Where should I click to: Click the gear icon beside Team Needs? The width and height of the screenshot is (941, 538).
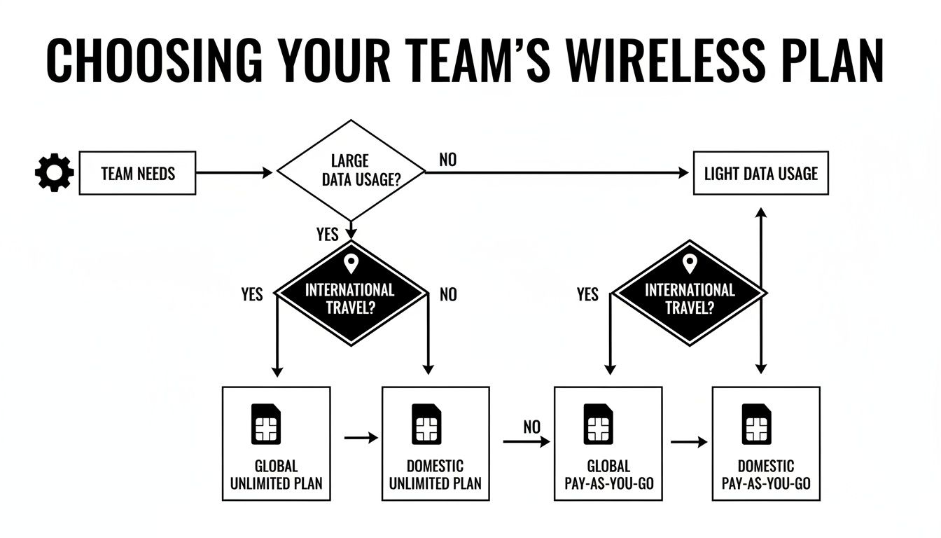[54, 173]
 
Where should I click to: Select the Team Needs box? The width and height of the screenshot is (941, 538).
[137, 173]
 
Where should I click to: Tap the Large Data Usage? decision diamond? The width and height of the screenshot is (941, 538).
[351, 171]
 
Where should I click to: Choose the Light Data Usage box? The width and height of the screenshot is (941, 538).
[760, 173]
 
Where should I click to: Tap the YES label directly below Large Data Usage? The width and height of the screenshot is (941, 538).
[327, 234]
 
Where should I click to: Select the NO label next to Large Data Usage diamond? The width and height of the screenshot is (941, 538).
[447, 160]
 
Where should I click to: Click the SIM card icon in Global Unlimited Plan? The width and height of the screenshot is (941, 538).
[266, 424]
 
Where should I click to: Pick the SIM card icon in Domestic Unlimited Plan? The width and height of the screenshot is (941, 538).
[426, 424]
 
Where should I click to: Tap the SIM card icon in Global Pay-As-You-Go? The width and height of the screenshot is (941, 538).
[598, 424]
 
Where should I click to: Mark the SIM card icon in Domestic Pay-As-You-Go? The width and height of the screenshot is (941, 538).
[756, 424]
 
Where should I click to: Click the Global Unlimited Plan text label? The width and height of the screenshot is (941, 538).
[276, 474]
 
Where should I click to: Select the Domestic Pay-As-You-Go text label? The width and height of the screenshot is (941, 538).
[766, 474]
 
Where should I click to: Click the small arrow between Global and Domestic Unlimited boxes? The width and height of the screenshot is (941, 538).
[361, 438]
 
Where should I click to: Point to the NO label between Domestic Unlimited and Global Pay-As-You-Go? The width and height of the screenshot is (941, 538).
[531, 427]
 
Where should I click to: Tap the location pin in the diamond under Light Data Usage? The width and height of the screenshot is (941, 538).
[690, 264]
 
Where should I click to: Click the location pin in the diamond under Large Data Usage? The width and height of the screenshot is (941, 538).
[351, 264]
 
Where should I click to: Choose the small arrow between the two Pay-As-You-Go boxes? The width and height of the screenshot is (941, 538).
[689, 442]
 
